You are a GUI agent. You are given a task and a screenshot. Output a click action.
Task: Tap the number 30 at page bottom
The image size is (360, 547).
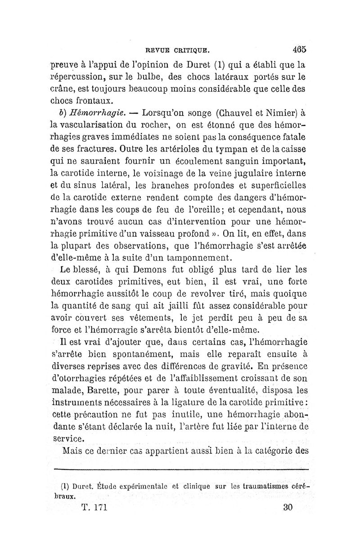[x=288, y=507]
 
